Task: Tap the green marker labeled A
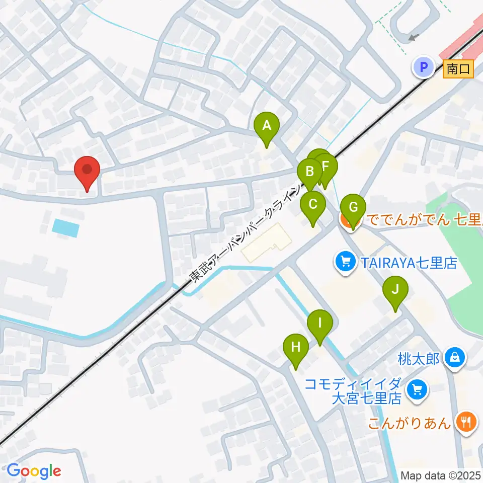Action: [267, 126]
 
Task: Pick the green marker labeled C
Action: [312, 205]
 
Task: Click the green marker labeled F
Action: [327, 167]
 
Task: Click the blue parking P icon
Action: [424, 67]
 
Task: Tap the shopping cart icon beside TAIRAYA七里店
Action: [346, 263]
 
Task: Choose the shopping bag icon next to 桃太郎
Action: [455, 359]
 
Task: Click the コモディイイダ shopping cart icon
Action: [416, 390]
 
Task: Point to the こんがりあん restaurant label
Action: [409, 423]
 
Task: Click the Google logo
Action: [34, 471]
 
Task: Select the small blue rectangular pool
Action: [65, 228]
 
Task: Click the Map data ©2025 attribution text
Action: [441, 475]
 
